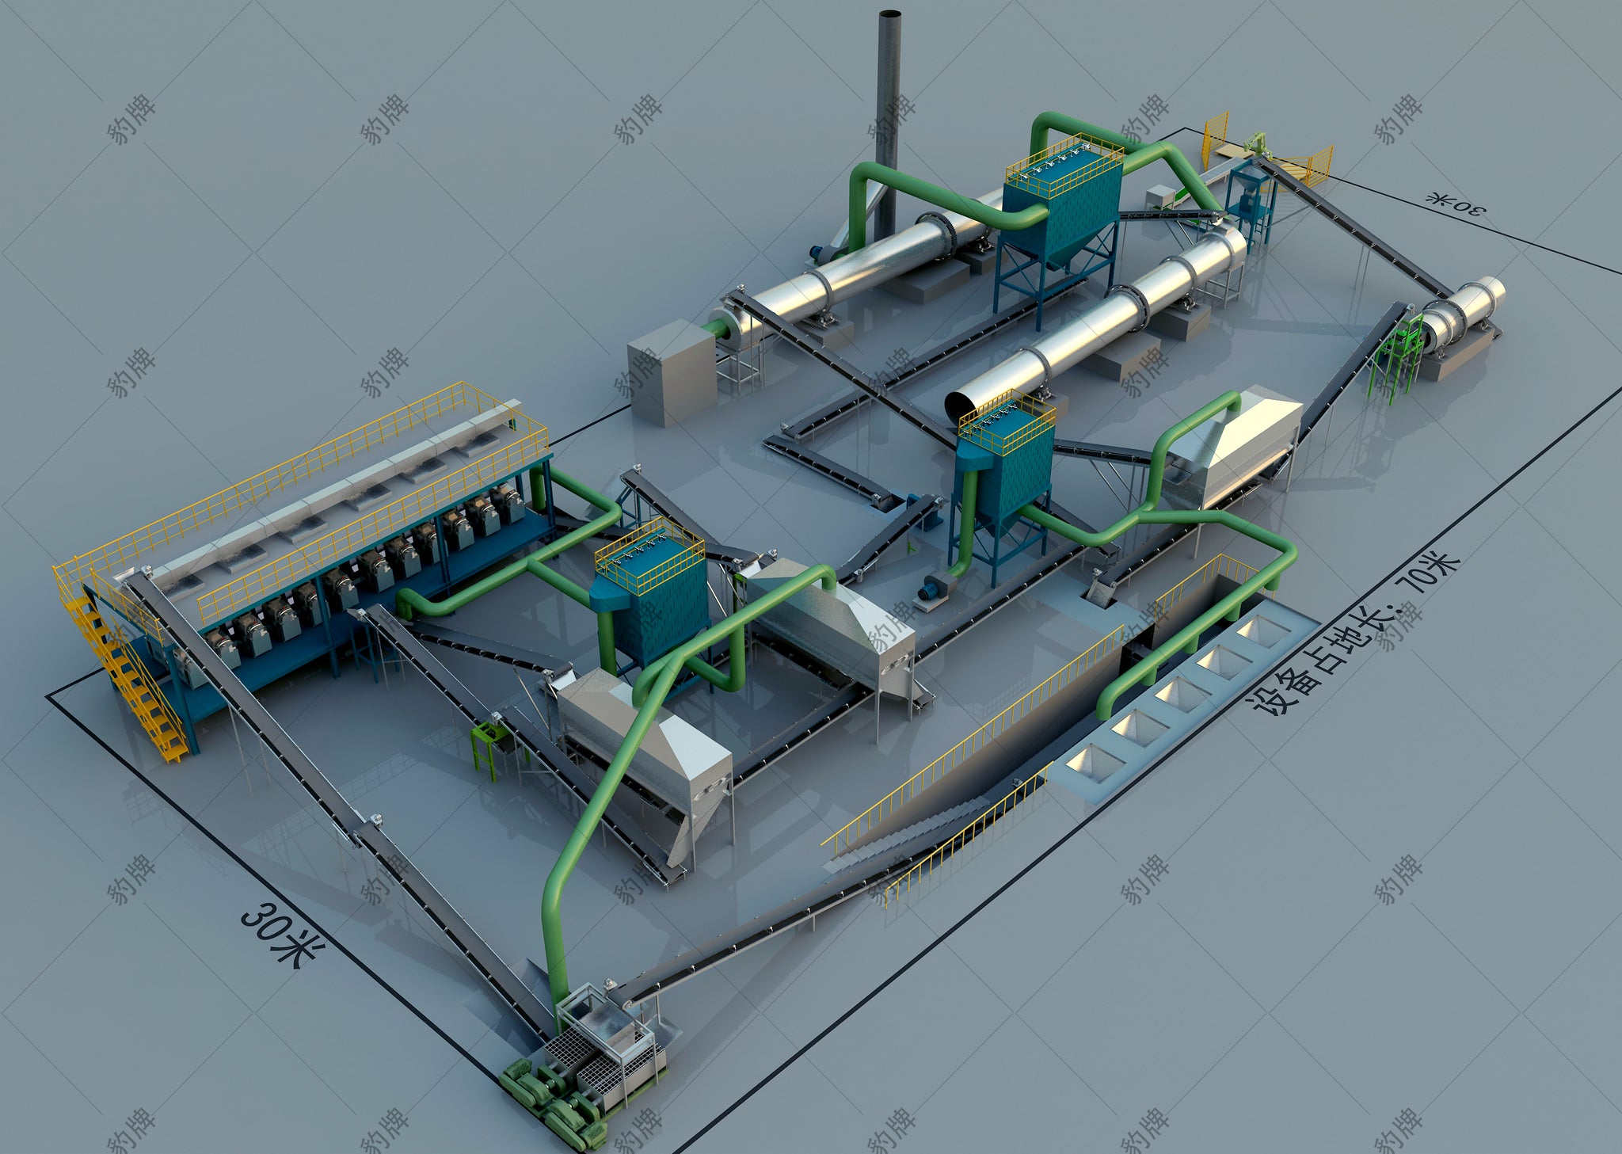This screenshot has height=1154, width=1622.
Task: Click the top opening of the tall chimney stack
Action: coord(891,14)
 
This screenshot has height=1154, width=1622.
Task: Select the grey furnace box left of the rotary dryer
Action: coord(671,372)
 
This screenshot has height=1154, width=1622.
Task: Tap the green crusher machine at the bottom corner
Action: coord(554,1101)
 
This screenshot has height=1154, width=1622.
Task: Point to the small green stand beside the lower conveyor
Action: coord(489,745)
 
